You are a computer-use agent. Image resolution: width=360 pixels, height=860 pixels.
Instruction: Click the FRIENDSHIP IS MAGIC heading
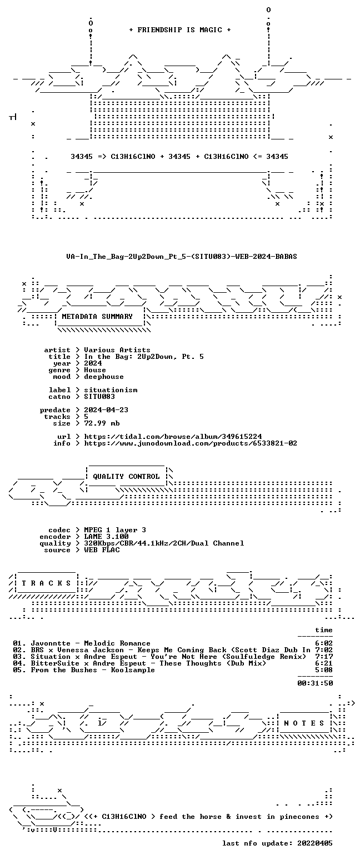[x=180, y=30]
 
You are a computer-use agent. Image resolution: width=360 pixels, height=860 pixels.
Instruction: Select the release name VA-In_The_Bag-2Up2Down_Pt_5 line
[x=182, y=257]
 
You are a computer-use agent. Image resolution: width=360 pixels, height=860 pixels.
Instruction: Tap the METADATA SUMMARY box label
[x=97, y=317]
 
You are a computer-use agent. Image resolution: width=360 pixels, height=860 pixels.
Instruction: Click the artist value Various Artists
[x=117, y=350]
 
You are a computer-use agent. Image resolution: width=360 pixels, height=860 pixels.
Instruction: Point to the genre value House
[x=95, y=370]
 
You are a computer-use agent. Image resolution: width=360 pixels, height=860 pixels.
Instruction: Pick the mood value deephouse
[x=104, y=377]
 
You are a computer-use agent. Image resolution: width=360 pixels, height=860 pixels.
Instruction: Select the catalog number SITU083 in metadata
[x=99, y=397]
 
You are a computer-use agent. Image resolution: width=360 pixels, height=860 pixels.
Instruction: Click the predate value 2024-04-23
[x=106, y=410]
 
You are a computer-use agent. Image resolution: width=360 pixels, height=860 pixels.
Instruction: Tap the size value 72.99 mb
[x=102, y=423]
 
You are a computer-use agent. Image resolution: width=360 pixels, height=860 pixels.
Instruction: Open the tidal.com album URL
[x=173, y=437]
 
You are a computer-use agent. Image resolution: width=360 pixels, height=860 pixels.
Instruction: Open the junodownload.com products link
[x=191, y=443]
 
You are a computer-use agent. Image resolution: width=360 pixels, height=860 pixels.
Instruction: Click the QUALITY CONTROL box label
[x=126, y=477]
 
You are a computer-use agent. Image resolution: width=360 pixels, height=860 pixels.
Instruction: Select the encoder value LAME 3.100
[x=106, y=537]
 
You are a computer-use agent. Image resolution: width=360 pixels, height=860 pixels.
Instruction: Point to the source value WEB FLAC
[x=102, y=550]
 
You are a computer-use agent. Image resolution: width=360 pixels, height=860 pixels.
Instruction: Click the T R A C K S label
[x=47, y=583]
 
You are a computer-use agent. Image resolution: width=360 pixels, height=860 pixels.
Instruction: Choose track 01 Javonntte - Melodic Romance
[x=82, y=643]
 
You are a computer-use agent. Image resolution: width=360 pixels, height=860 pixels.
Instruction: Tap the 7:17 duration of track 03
[x=324, y=657]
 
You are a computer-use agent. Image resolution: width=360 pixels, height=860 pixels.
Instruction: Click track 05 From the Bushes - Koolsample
[x=84, y=671]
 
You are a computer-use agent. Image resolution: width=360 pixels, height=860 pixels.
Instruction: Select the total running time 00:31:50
[x=315, y=683]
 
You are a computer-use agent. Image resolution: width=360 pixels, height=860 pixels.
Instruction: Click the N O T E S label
[x=304, y=723]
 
